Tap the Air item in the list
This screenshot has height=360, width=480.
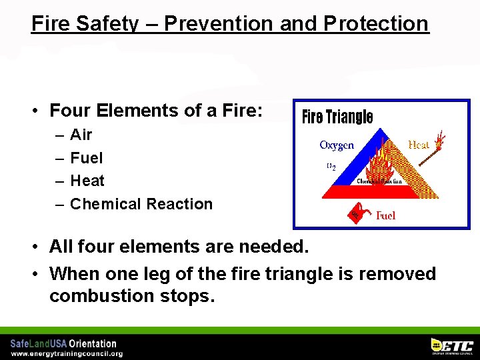(81, 135)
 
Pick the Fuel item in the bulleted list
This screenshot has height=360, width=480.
(86, 158)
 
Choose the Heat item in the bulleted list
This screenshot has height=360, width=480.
(87, 181)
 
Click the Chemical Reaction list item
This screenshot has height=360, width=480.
(141, 204)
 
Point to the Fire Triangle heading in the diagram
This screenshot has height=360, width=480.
(337, 117)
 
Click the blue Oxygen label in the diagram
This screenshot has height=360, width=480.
(337, 145)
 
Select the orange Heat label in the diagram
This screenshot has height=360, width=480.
(418, 145)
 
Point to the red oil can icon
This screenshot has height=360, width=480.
(357, 213)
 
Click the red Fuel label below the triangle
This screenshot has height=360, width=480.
(386, 215)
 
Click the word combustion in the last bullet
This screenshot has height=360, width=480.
(100, 296)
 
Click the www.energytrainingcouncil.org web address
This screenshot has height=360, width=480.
(67, 353)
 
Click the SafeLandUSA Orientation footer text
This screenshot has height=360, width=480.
(63, 343)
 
